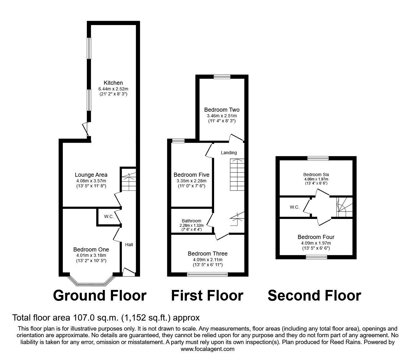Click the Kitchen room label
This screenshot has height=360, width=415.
pyautogui.click(x=113, y=83)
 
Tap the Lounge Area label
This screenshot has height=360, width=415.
pyautogui.click(x=91, y=175)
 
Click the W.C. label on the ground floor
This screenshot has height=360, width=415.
pyautogui.click(x=109, y=216)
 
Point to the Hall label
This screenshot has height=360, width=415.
pyautogui.click(x=129, y=245)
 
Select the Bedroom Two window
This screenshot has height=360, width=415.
pyautogui.click(x=222, y=77)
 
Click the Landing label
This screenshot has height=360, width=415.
pyautogui.click(x=229, y=153)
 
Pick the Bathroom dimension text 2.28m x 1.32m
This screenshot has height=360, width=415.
pyautogui.click(x=192, y=226)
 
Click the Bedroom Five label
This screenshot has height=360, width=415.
pyautogui.click(x=192, y=175)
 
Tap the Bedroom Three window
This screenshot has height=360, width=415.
pyautogui.click(x=207, y=274)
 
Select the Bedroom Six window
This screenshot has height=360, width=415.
pyautogui.click(x=318, y=158)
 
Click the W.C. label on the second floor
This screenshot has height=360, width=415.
pyautogui.click(x=294, y=207)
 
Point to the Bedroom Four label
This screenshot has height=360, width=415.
pyautogui.click(x=316, y=237)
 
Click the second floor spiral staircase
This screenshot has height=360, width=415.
pyautogui.click(x=344, y=207)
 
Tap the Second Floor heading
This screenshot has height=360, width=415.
pyautogui.click(x=314, y=296)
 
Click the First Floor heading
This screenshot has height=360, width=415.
pyautogui.click(x=207, y=296)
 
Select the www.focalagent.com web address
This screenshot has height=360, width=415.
pyautogui.click(x=207, y=349)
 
